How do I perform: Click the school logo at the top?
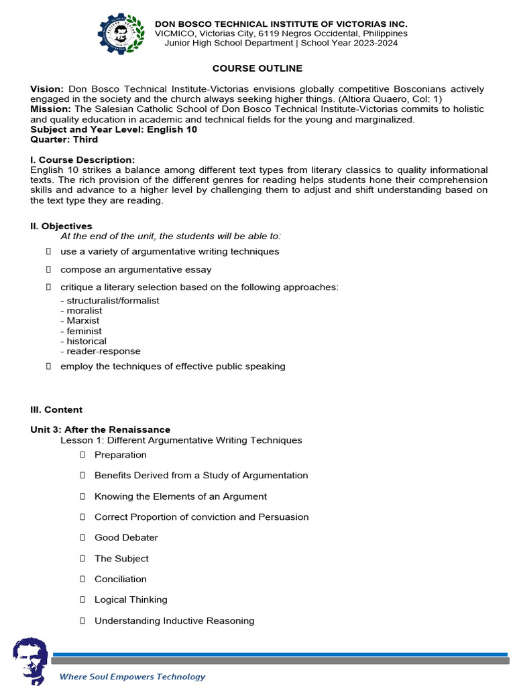[x=121, y=33]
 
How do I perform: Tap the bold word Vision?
[x=47, y=89]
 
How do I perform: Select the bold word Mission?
[x=51, y=109]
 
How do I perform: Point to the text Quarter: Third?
[x=64, y=139]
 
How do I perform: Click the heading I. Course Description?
[x=82, y=159]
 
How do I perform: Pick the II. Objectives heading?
[x=61, y=226]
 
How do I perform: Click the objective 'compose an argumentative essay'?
[x=135, y=269]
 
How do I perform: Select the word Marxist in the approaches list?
[x=82, y=321]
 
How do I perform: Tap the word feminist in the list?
[x=84, y=331]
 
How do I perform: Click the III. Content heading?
[x=56, y=409]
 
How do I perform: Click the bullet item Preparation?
[x=120, y=455]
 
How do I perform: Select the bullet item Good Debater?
[x=126, y=537]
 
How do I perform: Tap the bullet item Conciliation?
[x=120, y=579]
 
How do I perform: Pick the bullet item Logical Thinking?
[x=131, y=600]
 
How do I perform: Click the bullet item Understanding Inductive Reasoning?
[x=174, y=620]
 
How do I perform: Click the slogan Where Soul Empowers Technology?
[x=133, y=677]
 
